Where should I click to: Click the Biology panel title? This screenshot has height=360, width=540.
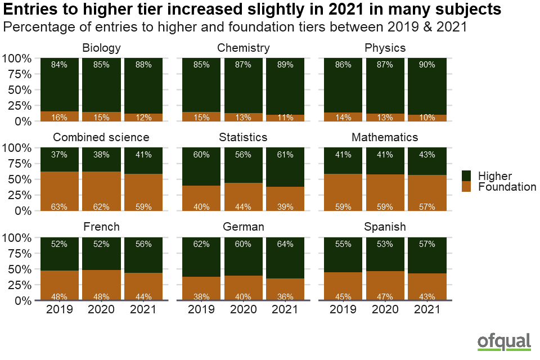tap(101, 48)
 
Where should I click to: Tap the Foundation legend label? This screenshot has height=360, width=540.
tap(507, 187)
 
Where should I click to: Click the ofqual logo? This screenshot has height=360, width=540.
tap(504, 341)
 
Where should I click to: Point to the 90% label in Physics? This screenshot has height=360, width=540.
tap(427, 65)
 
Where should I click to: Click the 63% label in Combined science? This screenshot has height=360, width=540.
tap(60, 206)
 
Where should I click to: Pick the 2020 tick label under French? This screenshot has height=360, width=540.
tap(102, 309)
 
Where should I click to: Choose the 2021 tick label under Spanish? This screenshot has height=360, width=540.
tap(427, 309)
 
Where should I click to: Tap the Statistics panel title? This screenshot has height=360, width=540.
tap(244, 137)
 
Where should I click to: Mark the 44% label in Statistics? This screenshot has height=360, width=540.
tap(244, 206)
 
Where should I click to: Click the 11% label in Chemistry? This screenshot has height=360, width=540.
tap(285, 117)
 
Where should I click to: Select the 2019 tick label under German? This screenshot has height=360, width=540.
tap(201, 309)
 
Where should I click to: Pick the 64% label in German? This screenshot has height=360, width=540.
tap(285, 244)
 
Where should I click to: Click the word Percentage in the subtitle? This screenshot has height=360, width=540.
tap(38, 27)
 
